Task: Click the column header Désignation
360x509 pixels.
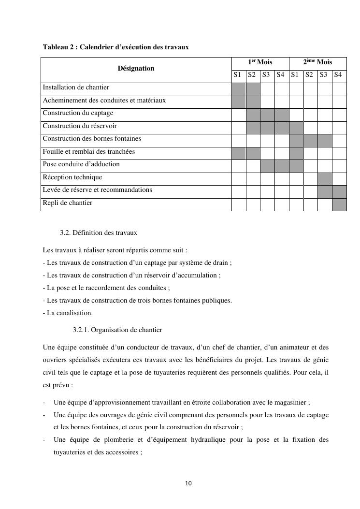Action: (136, 69)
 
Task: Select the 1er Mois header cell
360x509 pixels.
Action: (260, 62)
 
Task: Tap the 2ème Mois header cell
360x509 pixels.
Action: (317, 62)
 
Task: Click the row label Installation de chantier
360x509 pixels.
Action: (76, 87)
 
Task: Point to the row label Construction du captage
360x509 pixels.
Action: (78, 113)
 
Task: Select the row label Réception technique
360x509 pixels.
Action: (72, 177)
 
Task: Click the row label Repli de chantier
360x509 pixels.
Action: (67, 203)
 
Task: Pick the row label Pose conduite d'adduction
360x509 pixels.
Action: (81, 164)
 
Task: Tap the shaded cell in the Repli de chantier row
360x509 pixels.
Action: (339, 204)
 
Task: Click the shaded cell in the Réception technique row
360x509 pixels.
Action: (325, 179)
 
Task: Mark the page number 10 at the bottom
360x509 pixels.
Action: (188, 483)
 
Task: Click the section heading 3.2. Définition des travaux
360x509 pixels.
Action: (99, 233)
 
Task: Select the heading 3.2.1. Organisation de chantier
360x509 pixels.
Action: (117, 330)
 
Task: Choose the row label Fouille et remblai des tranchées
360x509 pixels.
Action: (88, 152)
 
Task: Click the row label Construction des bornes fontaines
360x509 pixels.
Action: (92, 139)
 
